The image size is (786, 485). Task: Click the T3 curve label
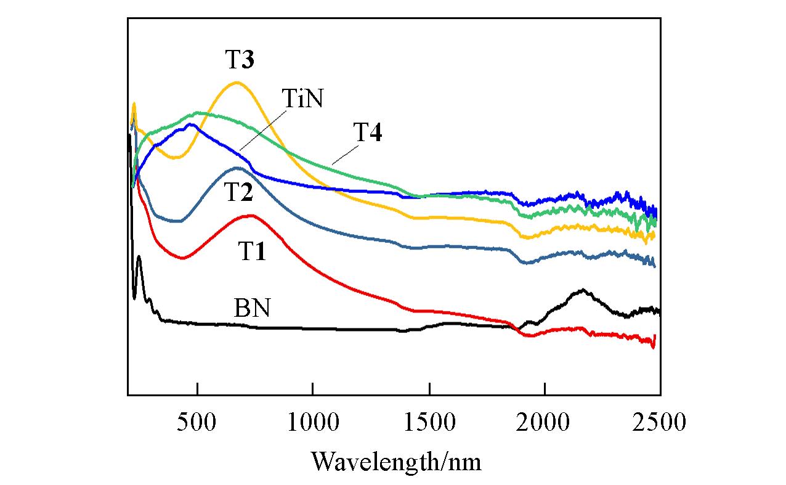click(240, 60)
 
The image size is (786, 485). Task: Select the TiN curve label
click(302, 99)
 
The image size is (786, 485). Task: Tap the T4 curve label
click(367, 133)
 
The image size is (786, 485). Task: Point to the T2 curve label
click(238, 193)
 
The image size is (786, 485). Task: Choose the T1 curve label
click(253, 251)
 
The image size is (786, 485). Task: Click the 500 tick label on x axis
click(197, 423)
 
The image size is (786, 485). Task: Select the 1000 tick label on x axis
click(313, 423)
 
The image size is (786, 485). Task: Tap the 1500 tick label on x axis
click(429, 423)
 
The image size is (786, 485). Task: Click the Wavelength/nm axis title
click(395, 460)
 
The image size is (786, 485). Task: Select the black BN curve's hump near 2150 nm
click(582, 290)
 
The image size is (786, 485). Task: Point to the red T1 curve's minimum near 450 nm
click(183, 258)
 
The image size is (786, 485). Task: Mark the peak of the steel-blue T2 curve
click(237, 167)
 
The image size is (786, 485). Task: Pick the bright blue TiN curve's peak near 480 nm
click(192, 124)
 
